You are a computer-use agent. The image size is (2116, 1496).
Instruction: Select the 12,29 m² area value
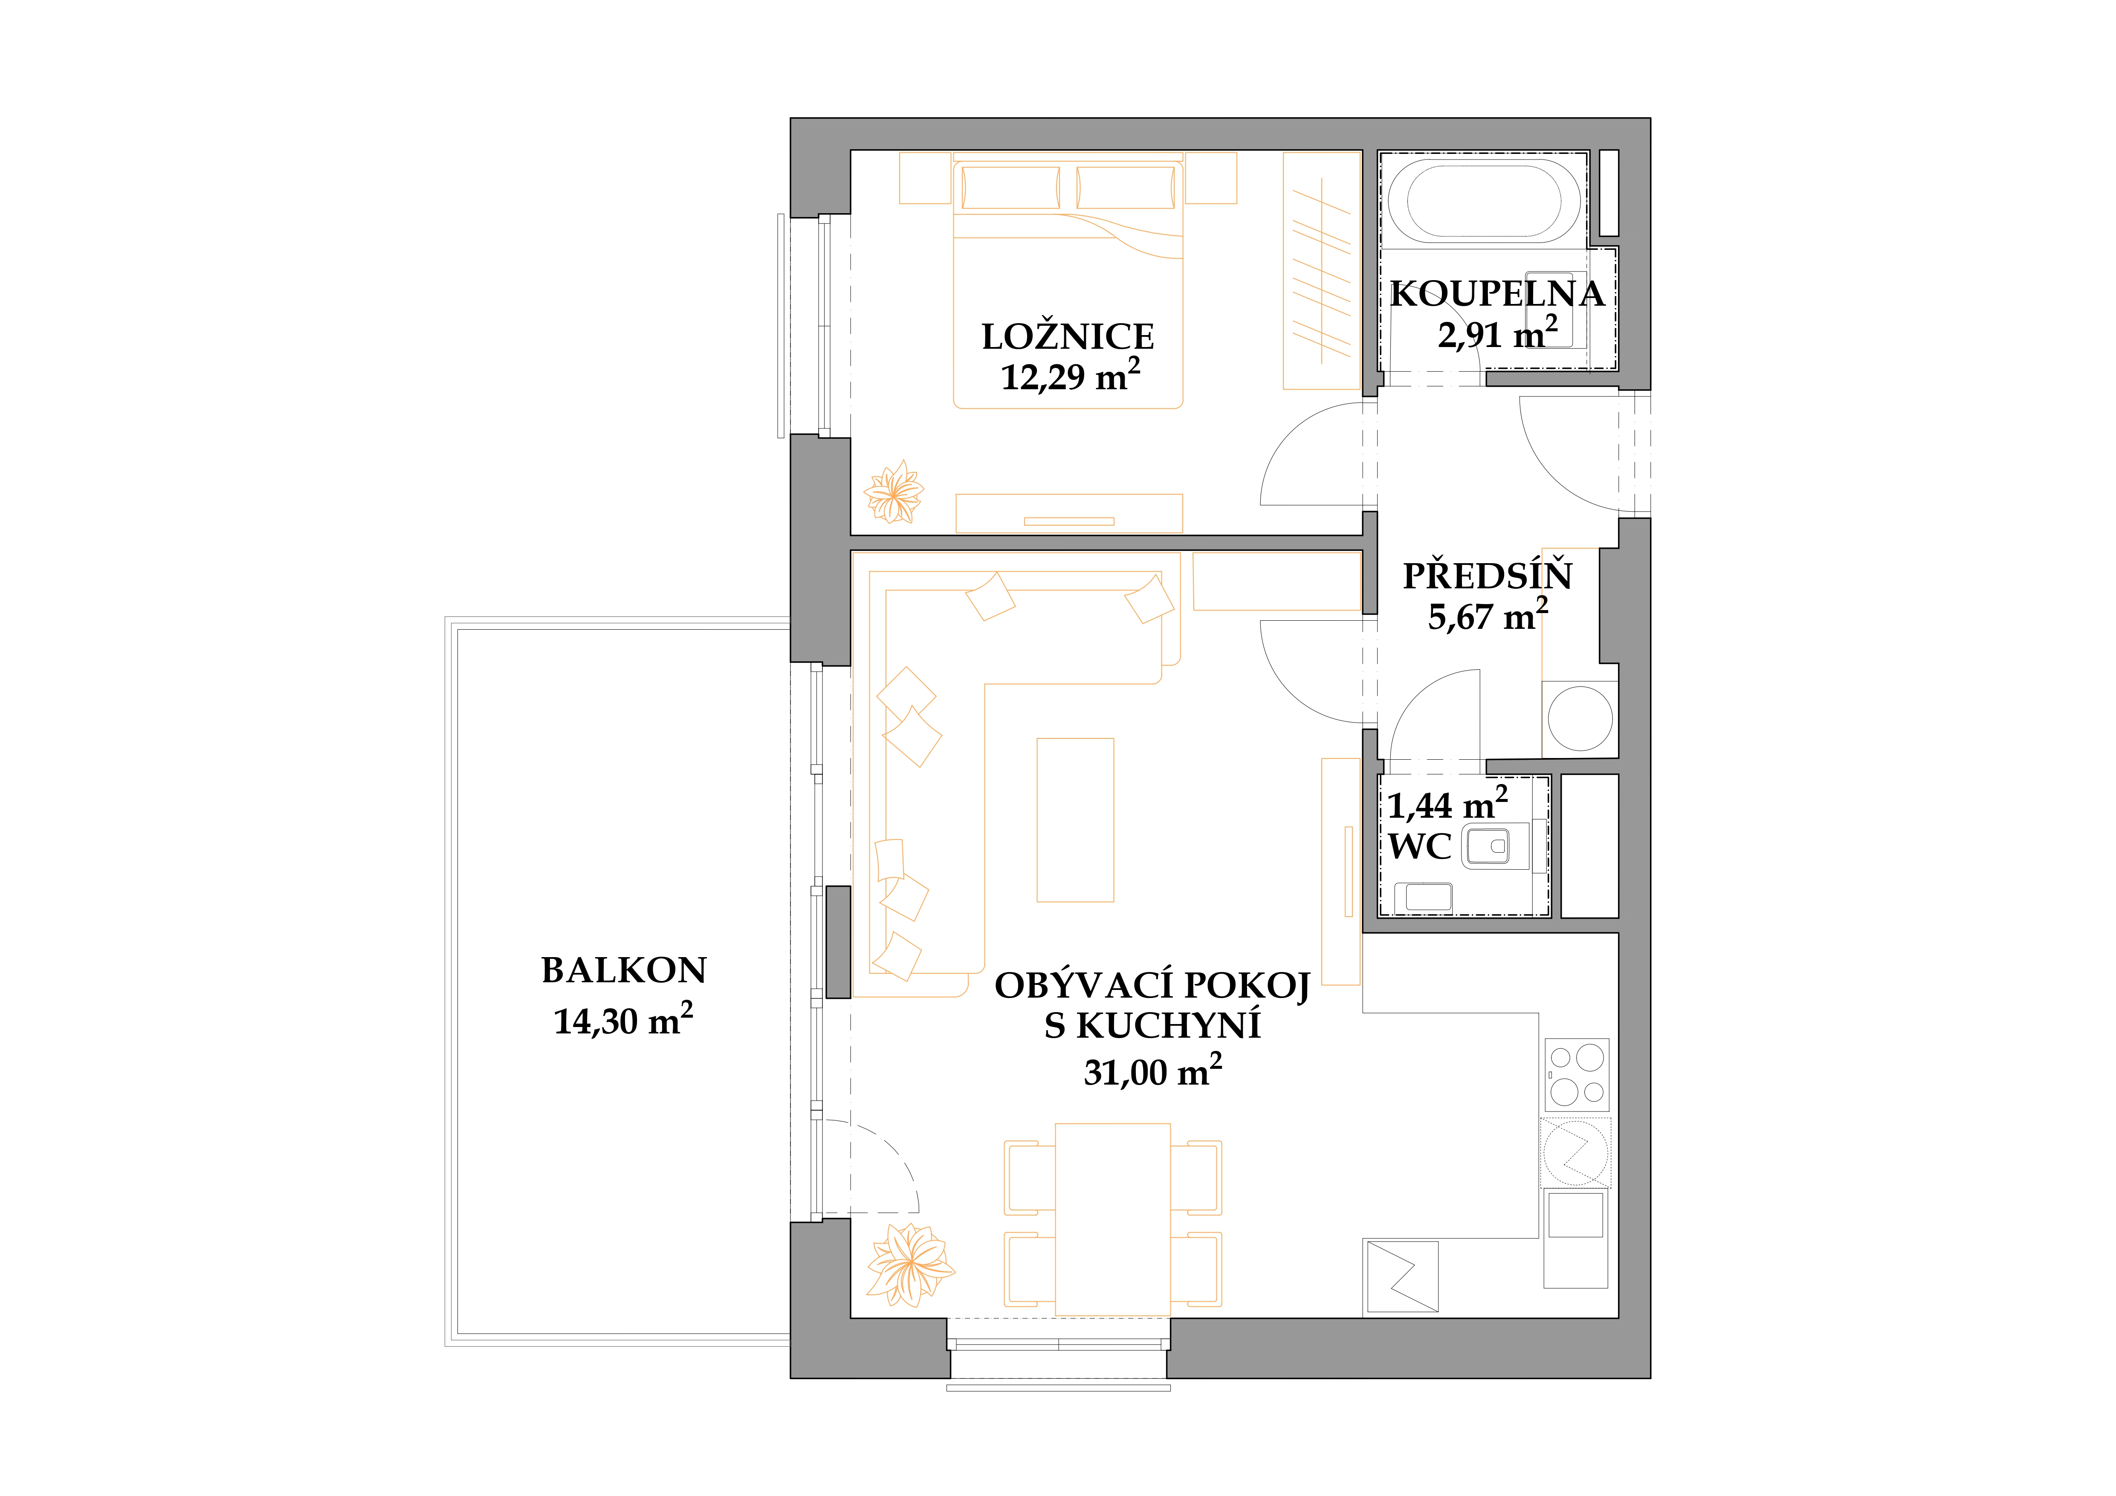1070,376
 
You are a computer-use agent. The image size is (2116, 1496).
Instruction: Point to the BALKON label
624,971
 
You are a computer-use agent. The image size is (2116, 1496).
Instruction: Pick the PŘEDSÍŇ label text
1488,576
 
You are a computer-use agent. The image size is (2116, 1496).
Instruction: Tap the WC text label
1420,846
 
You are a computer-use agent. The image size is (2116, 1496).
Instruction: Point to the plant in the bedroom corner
893,492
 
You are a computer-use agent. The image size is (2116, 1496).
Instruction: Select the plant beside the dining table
909,1265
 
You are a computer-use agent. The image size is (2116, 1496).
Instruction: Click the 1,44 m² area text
1447,804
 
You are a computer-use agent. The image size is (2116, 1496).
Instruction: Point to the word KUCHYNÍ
1169,1026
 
